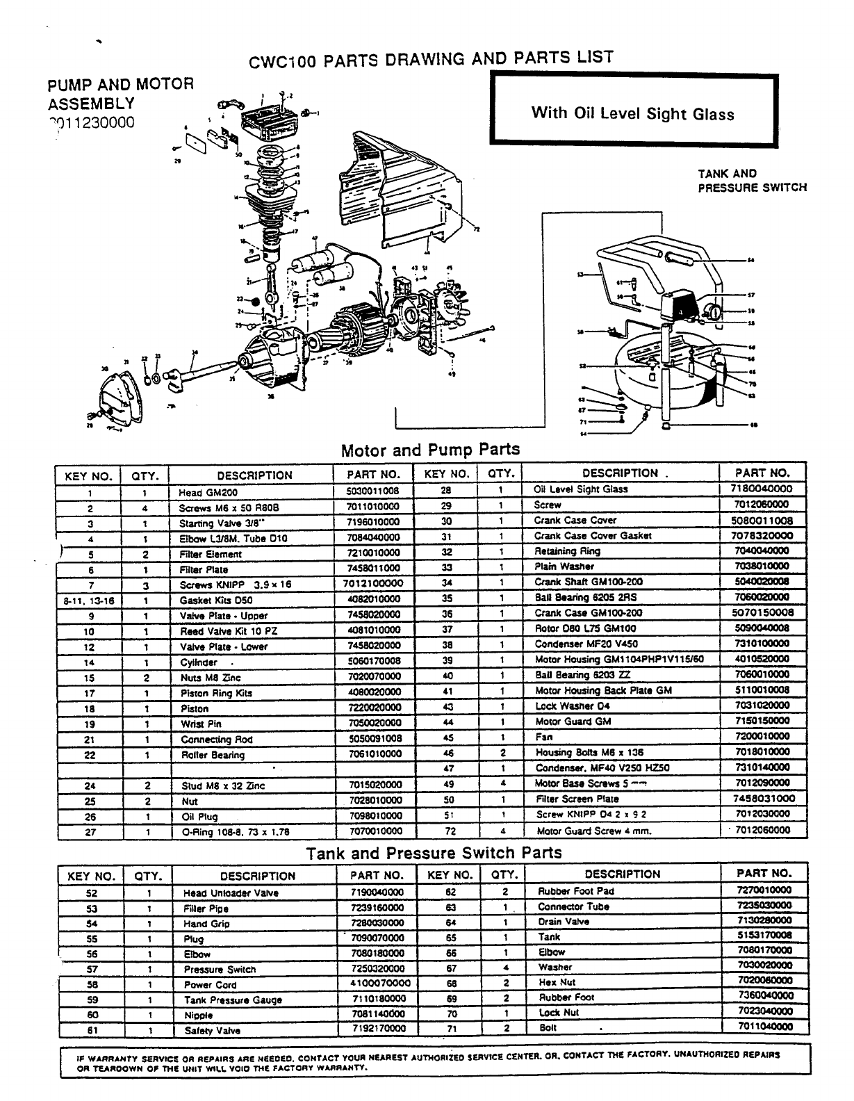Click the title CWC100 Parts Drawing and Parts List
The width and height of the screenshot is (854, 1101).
point(431,60)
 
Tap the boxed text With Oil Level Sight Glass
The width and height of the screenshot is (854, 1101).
point(632,113)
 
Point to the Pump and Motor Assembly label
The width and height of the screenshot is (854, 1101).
point(120,94)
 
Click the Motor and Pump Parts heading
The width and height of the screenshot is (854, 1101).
point(430,450)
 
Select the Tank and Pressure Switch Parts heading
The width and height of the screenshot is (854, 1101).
point(434,853)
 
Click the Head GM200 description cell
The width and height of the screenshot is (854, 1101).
point(200,492)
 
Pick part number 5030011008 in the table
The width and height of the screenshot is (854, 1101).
point(372,491)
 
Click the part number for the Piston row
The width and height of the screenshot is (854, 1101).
point(372,708)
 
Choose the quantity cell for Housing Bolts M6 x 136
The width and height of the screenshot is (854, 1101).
point(500,752)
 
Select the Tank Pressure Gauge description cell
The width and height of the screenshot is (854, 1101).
point(233,1000)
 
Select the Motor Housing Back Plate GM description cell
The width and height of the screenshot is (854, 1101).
point(602,690)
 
